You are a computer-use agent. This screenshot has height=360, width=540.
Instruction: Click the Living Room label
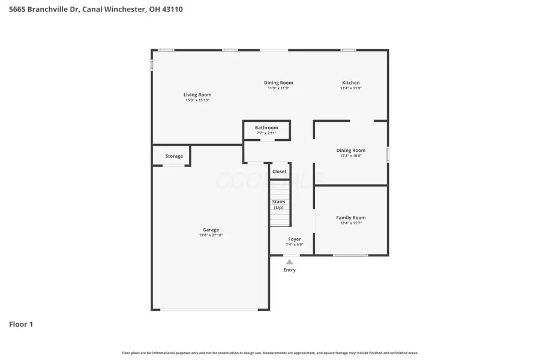tap(197, 95)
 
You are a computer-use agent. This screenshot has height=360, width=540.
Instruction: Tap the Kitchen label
tap(351, 83)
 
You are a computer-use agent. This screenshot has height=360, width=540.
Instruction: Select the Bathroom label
tap(266, 128)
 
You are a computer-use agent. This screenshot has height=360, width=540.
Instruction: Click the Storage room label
tap(174, 156)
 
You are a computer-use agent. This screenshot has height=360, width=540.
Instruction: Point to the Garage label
tap(211, 230)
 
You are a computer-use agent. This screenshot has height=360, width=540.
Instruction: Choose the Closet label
tap(280, 172)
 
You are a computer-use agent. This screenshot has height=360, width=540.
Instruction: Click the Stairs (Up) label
tap(279, 205)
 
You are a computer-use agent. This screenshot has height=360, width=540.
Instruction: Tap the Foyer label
tap(295, 239)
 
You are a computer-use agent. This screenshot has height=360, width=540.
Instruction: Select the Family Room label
tap(351, 218)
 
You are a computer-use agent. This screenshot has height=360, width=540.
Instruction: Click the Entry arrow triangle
tap(289, 262)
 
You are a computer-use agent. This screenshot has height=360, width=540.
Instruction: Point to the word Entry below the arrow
tap(289, 270)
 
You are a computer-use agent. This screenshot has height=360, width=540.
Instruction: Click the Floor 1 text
tap(21, 324)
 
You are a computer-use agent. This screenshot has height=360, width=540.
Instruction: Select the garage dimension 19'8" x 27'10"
tap(211, 235)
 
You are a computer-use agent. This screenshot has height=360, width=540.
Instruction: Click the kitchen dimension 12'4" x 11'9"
tap(351, 88)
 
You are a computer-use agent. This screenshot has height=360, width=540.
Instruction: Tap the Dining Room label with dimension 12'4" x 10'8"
tap(351, 151)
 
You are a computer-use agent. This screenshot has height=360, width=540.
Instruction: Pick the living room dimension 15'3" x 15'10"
tap(197, 100)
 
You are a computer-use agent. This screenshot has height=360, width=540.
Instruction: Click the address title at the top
tap(96, 10)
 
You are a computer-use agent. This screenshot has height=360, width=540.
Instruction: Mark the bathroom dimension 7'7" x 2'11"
tap(266, 133)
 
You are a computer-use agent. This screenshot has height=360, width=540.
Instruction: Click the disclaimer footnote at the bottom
tap(270, 353)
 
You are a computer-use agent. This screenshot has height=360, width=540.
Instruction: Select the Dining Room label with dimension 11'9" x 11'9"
tap(278, 83)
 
